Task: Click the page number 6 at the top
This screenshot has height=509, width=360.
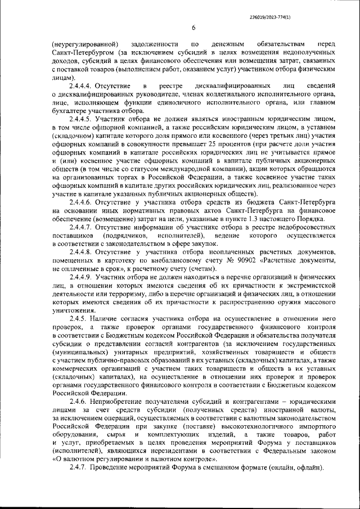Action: [193, 28]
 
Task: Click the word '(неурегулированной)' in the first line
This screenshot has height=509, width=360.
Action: [84, 43]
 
